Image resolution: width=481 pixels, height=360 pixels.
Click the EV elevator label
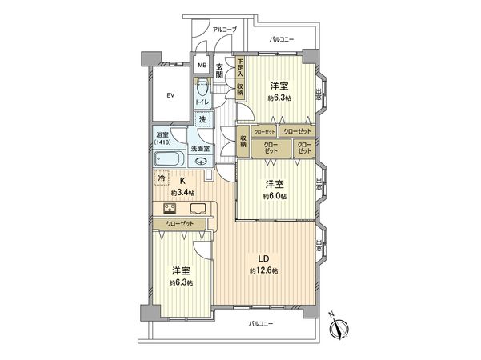click(x=170, y=96)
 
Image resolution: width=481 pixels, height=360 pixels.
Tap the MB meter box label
click(x=202, y=66)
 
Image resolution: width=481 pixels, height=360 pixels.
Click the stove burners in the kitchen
click(x=170, y=210)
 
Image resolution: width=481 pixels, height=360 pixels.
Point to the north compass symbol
click(x=339, y=326)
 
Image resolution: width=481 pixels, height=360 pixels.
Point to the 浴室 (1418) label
click(x=162, y=138)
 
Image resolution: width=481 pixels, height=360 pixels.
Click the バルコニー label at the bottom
click(x=261, y=323)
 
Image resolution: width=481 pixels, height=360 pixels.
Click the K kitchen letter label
click(x=182, y=181)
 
